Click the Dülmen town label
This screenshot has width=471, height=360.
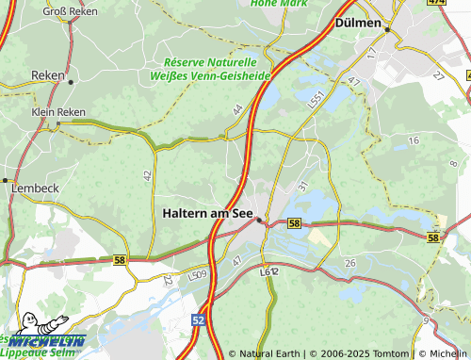(x=358, y=22)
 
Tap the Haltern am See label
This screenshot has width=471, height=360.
(x=206, y=213)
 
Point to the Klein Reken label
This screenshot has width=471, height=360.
(x=58, y=111)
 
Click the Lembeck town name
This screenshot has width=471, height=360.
(x=35, y=188)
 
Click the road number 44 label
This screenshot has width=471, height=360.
(x=237, y=111)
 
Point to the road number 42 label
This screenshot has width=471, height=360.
(x=147, y=175)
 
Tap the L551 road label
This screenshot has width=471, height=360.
(x=317, y=99)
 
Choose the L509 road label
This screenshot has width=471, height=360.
(x=197, y=275)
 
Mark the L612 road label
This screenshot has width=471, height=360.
(x=269, y=271)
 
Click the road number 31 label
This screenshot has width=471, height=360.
(x=302, y=186)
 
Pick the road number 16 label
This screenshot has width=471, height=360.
(x=413, y=140)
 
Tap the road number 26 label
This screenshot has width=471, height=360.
(x=350, y=261)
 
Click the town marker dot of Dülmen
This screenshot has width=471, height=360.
(x=386, y=30)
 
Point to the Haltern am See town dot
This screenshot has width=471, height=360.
(x=260, y=221)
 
